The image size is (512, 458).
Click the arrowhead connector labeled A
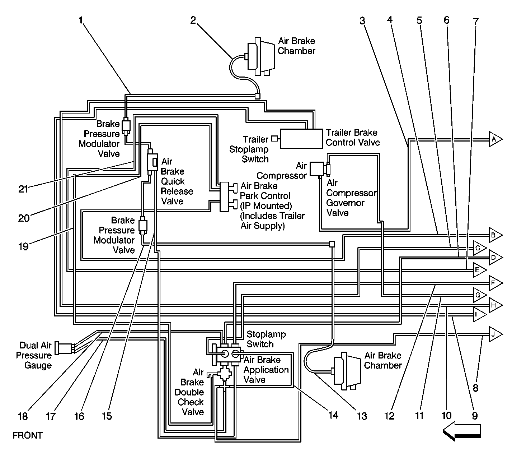point(495,139)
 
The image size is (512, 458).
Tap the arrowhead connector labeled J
point(495,334)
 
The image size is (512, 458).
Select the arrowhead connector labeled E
point(479,270)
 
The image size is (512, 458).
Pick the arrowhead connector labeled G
point(479,295)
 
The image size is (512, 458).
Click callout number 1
point(81,20)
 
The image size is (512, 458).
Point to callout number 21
point(23,189)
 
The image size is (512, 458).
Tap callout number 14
point(333,415)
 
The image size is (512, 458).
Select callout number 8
point(475,388)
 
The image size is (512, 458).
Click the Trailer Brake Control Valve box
point(301,139)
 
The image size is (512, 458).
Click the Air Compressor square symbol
point(317,169)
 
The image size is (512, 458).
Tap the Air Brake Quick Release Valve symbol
point(152,162)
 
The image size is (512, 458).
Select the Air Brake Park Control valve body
point(224,196)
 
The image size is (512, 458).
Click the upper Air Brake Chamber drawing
point(260,56)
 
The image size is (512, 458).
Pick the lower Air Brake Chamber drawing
point(346,371)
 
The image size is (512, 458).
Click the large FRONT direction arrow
point(461,431)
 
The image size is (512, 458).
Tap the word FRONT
point(28,435)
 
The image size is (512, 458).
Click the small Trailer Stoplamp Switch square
point(274,138)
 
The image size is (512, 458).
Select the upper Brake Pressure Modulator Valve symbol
point(126,125)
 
